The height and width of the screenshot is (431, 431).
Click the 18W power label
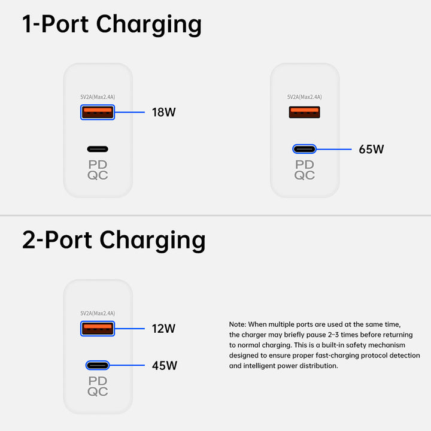(164, 112)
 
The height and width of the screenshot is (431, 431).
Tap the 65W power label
(371, 149)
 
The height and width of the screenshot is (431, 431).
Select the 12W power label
(163, 328)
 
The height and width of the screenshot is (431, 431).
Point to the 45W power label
(164, 365)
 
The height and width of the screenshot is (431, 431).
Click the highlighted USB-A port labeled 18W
(98, 112)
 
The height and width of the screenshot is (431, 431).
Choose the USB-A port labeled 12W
(98, 328)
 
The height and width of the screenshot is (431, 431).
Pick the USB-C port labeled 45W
(98, 365)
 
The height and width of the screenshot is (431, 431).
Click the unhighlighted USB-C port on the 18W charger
(98, 149)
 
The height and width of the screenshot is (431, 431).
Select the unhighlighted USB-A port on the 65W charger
(304, 112)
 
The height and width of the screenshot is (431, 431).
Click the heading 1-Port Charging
(112, 25)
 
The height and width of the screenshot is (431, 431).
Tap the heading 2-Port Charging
(114, 240)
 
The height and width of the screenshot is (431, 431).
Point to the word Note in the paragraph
(238, 324)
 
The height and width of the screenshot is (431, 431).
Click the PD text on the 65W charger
(304, 165)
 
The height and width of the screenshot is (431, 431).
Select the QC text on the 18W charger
(98, 175)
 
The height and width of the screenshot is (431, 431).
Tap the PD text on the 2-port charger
(98, 381)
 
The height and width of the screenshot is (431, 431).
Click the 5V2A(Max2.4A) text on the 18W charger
(98, 97)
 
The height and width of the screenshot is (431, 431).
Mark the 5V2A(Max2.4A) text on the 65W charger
(304, 97)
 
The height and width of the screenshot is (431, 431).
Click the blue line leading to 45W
(129, 365)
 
